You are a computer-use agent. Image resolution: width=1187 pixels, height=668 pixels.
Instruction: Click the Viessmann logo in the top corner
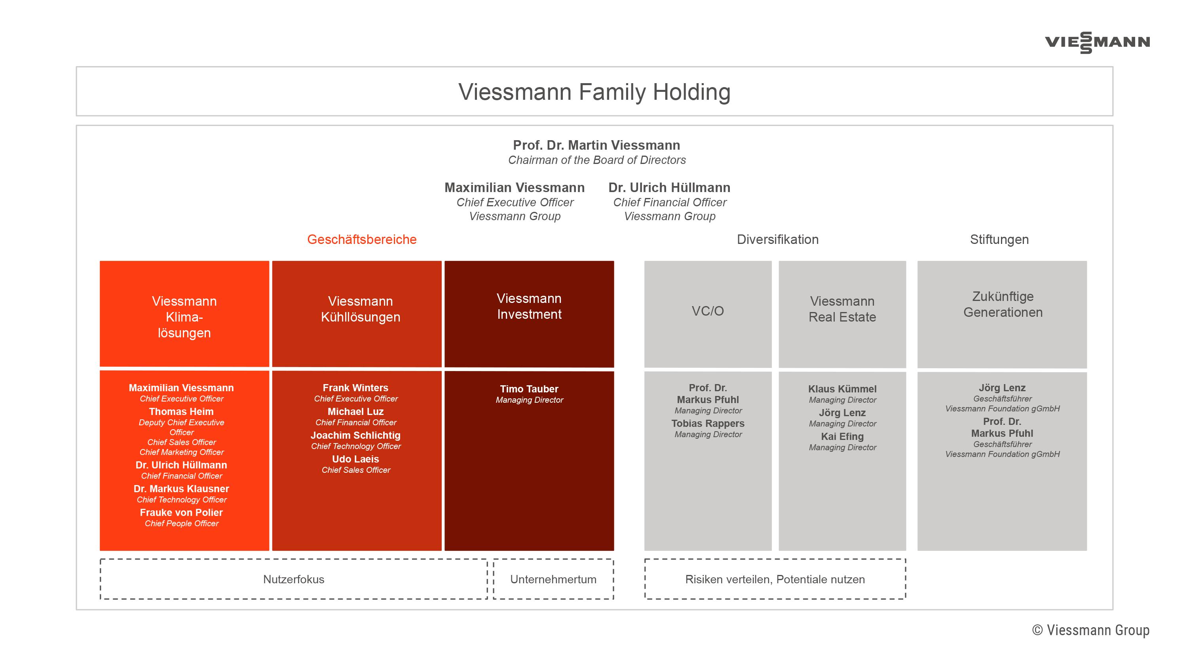point(1097,42)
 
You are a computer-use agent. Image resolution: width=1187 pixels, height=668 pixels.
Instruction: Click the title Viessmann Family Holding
point(594,92)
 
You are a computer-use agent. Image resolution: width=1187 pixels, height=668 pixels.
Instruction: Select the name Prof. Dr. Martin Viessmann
point(596,145)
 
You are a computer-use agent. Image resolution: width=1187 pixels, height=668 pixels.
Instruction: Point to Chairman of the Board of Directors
point(596,160)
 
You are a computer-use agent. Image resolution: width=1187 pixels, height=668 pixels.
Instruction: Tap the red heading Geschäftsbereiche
point(362,239)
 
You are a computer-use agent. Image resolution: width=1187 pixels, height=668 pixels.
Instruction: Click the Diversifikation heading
point(777,239)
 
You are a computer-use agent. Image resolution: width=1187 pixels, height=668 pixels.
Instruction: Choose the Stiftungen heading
point(999,239)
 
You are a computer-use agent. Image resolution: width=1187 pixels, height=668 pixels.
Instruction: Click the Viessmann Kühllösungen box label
point(360,309)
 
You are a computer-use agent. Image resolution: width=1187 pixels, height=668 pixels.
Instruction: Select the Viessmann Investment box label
point(529,306)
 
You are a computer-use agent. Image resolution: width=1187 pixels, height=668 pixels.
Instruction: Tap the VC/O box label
point(707,311)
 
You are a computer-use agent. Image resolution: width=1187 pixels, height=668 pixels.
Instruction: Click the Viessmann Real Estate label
point(842,309)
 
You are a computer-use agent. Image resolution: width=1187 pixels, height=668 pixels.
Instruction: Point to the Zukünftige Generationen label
point(1003,304)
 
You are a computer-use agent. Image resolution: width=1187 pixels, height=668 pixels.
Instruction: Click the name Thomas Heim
point(181,411)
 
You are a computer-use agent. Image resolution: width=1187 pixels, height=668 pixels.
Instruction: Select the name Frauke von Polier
point(181,512)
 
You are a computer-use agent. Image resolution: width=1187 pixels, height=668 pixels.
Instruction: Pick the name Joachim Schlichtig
point(355,435)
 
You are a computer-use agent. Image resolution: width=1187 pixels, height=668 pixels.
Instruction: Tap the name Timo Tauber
point(529,388)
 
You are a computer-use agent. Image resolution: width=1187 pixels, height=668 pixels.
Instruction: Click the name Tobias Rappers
point(707,423)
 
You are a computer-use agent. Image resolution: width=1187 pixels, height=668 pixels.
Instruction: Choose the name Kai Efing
point(842,436)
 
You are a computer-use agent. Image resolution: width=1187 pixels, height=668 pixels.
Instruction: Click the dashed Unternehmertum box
point(553,579)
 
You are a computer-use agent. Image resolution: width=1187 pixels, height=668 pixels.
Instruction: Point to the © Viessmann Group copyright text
point(1090,630)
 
